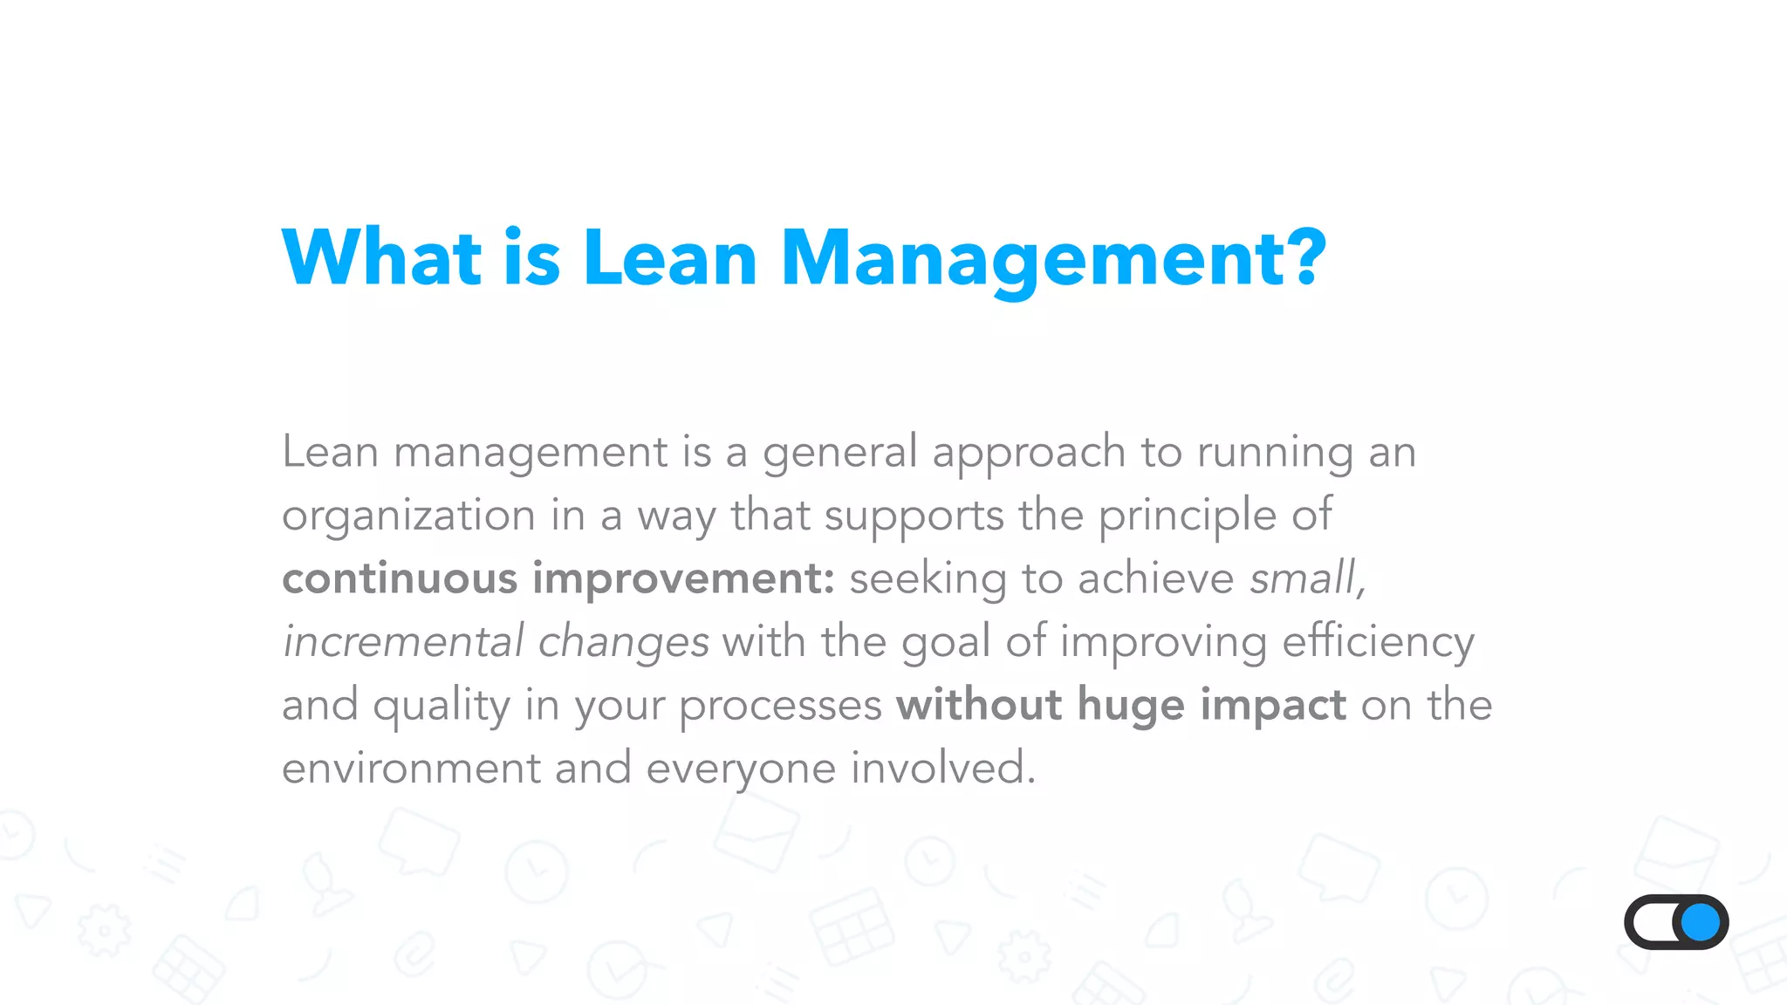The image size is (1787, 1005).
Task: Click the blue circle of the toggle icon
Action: pos(1700,922)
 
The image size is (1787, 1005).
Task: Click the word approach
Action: pos(1029,454)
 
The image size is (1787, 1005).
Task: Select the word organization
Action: pos(408,516)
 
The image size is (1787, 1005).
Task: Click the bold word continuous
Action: pos(400,578)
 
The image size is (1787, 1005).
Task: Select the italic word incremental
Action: pos(403,642)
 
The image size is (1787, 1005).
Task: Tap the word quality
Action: pos(442,707)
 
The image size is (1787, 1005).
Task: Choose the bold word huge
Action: pos(1131,705)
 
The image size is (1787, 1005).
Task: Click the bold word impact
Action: pos(1273,705)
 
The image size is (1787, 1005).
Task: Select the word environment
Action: pos(411,769)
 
